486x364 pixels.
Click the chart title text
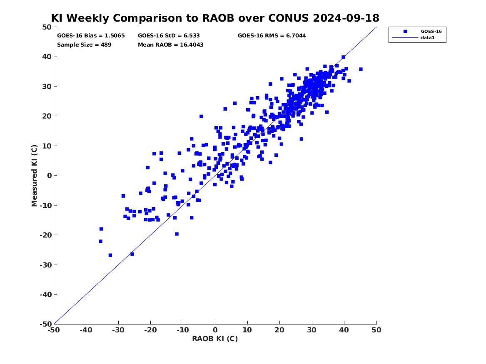pyautogui.click(x=215, y=18)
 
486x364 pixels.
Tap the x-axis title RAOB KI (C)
pyautogui.click(x=215, y=339)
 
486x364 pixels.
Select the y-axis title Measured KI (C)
pyautogui.click(x=34, y=176)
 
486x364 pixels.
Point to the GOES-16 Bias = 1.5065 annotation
pyautogui.click(x=91, y=36)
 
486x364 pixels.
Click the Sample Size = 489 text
pyautogui.click(x=84, y=45)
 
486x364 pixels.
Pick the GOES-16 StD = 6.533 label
pyautogui.click(x=169, y=36)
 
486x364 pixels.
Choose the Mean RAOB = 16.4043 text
pyautogui.click(x=171, y=45)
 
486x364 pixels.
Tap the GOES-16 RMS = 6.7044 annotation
pyautogui.click(x=272, y=36)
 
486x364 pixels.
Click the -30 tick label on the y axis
pyautogui.click(x=45, y=265)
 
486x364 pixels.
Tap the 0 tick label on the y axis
pyautogui.click(x=50, y=176)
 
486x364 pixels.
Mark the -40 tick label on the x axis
pyautogui.click(x=86, y=330)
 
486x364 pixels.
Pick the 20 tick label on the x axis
pyautogui.click(x=279, y=330)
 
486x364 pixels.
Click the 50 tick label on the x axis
pyautogui.click(x=376, y=330)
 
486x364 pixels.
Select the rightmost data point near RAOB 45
pyautogui.click(x=361, y=69)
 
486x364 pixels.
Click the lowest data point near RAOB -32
pyautogui.click(x=110, y=255)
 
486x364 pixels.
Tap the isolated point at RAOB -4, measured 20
pyautogui.click(x=201, y=116)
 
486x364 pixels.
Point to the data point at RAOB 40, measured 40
pyautogui.click(x=344, y=57)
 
